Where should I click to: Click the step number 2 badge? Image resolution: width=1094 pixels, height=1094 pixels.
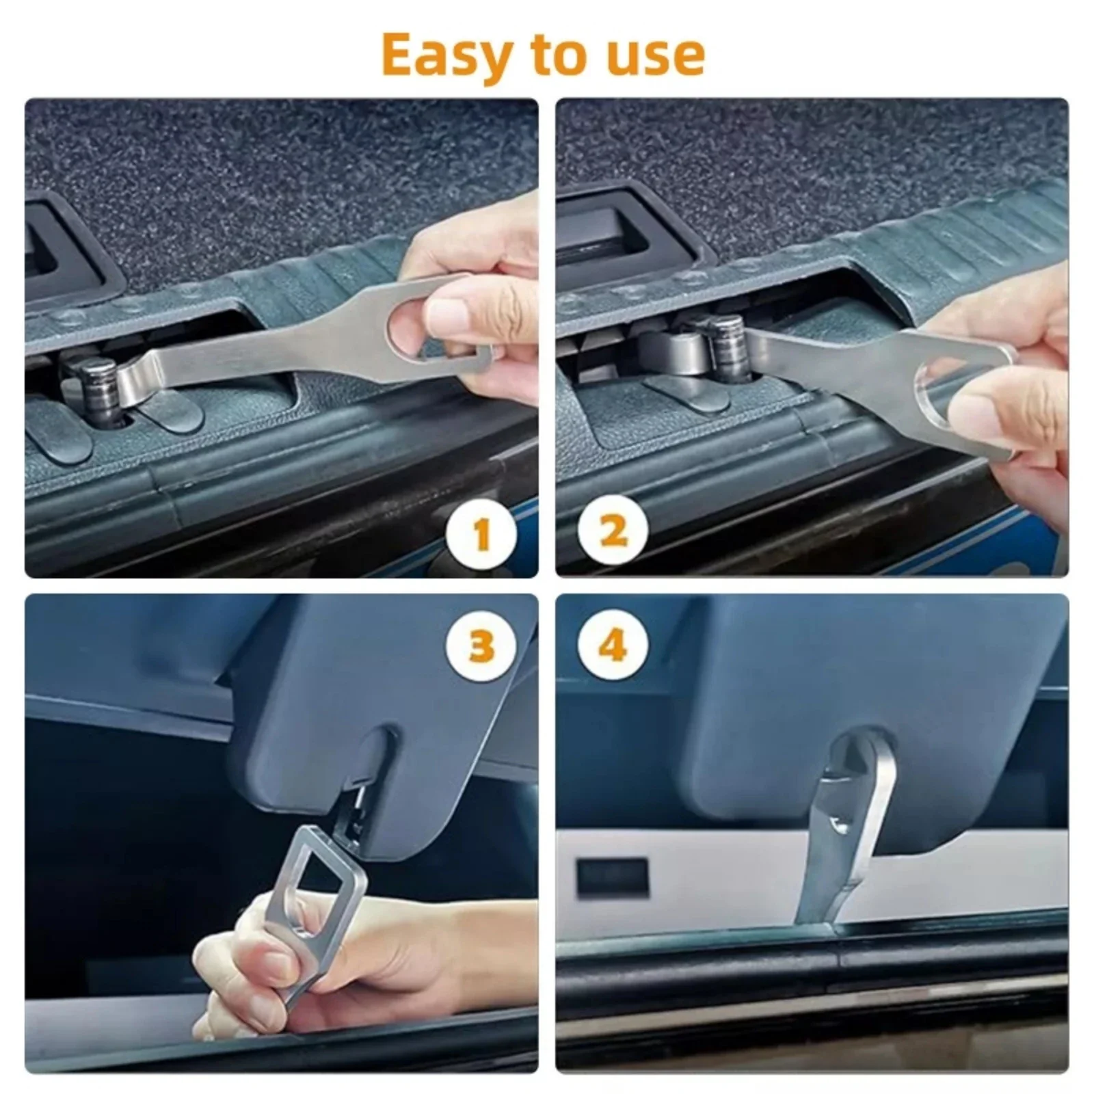click(x=613, y=531)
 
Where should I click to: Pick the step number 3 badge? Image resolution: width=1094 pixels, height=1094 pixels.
click(x=481, y=645)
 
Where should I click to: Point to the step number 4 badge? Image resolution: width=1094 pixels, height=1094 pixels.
click(x=613, y=644)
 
